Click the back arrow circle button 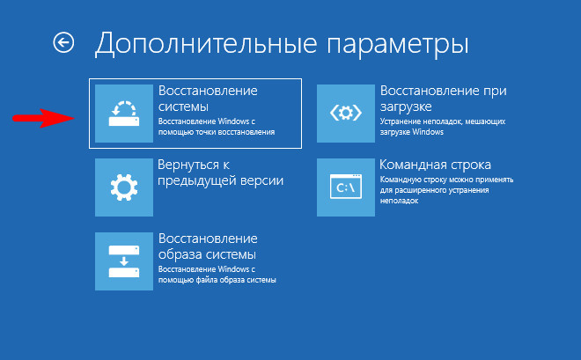[x=63, y=42]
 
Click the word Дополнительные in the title [x=206, y=45]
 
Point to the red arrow [x=44, y=118]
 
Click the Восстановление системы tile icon [x=124, y=114]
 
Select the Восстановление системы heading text [x=208, y=99]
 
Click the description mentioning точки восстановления [x=217, y=127]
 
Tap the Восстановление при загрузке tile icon [x=346, y=114]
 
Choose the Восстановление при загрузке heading [x=443, y=99]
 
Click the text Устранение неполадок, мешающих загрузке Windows [x=443, y=127]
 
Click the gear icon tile [x=124, y=187]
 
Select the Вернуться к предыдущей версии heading [x=220, y=173]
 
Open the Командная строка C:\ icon [x=346, y=187]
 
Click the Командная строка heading [x=436, y=165]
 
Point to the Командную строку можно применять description [x=446, y=190]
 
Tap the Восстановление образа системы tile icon [x=124, y=261]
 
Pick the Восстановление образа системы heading [x=208, y=246]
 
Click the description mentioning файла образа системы [x=217, y=275]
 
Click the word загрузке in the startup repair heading [x=406, y=107]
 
